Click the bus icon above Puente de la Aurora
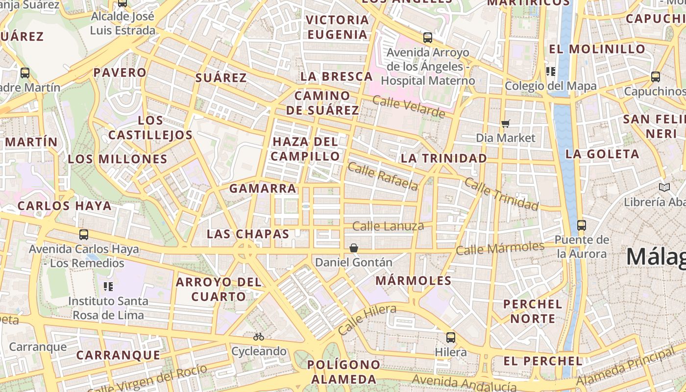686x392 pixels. (x=582, y=225)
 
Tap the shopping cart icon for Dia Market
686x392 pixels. (x=506, y=123)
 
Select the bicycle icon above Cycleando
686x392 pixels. (x=259, y=337)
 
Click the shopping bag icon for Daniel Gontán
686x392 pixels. (x=354, y=248)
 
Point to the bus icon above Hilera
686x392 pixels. (x=451, y=338)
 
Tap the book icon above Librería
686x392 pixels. (x=664, y=187)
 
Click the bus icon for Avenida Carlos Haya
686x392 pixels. (x=84, y=235)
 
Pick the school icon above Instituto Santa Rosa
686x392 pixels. (x=108, y=286)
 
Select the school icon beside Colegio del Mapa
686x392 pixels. (x=551, y=72)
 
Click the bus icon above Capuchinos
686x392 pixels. (x=656, y=77)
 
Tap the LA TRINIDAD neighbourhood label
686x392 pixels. (x=444, y=158)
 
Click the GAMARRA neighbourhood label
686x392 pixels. (x=263, y=188)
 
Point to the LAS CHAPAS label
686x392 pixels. (x=248, y=234)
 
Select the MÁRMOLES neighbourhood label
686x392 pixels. (x=414, y=280)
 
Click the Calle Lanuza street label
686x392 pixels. (x=388, y=226)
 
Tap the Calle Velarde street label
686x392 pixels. (x=409, y=107)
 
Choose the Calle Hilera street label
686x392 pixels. (x=367, y=319)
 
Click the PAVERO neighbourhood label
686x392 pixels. (x=120, y=73)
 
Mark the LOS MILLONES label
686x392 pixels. (x=118, y=159)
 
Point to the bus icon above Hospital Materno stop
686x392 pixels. (x=428, y=38)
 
